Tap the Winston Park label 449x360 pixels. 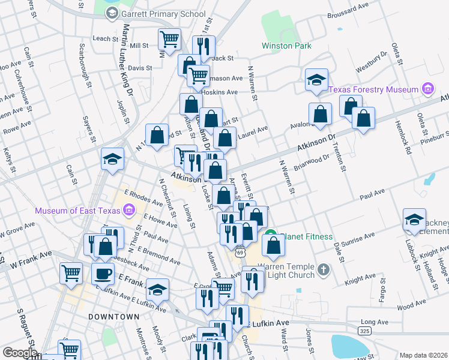[x=286, y=45]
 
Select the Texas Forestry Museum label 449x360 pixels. [x=373, y=89]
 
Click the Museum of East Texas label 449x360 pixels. [x=77, y=210]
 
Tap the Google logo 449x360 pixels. [x=19, y=353]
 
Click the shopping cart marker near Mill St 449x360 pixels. [x=170, y=39]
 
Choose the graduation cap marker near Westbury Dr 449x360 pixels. [x=316, y=79]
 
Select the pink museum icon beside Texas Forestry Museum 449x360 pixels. [x=427, y=89]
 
